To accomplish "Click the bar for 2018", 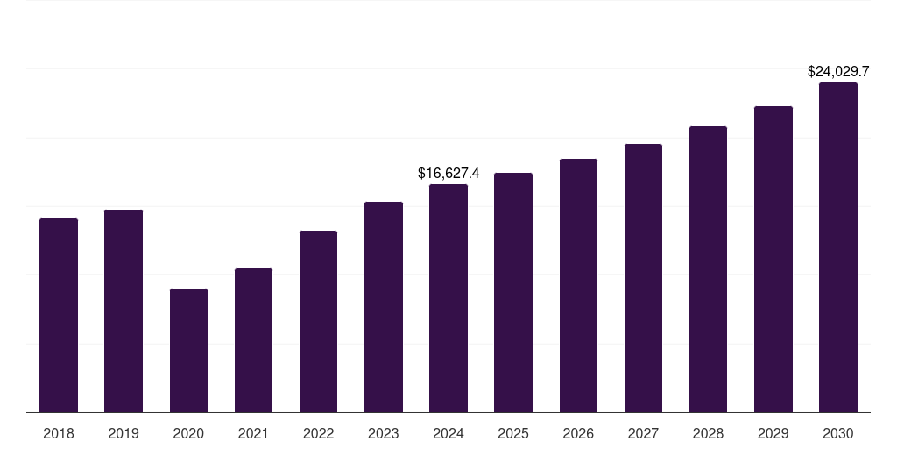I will (59, 316).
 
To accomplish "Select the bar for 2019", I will (124, 311).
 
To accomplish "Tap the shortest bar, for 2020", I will (188, 351).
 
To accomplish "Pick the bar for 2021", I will (253, 340).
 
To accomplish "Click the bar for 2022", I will (318, 322).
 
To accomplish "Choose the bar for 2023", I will (384, 307).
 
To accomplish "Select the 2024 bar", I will (448, 298).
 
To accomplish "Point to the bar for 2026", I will (578, 286).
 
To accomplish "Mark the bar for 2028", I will (708, 269).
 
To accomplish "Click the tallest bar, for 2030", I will (838, 247).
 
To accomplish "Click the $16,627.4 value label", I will (448, 174).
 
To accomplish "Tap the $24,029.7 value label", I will (838, 72).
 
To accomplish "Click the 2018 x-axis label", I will (59, 433).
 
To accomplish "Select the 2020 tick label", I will (188, 433).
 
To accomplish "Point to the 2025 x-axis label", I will (513, 433).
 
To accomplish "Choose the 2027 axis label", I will (643, 433).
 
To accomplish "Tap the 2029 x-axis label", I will (773, 433).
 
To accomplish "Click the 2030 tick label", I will (838, 433).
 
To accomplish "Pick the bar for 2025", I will (513, 293).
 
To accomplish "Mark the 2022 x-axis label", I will (318, 433).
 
